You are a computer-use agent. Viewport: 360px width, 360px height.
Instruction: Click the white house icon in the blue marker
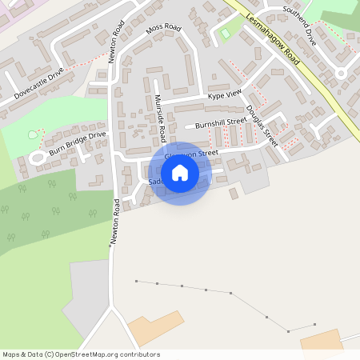(x=180, y=173)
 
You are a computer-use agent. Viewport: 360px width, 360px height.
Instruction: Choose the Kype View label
(x=224, y=95)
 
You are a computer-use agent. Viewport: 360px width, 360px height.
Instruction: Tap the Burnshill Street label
(x=221, y=123)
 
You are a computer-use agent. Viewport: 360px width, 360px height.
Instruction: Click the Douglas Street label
(x=262, y=126)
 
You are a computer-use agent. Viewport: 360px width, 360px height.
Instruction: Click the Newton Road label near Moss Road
(x=115, y=42)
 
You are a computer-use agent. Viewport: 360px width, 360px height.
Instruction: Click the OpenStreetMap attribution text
(x=81, y=354)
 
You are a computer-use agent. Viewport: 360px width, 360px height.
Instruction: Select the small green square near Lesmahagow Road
(x=226, y=34)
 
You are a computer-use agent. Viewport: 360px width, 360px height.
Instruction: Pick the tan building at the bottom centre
(x=157, y=328)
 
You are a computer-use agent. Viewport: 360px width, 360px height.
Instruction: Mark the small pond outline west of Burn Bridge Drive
(x=33, y=134)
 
